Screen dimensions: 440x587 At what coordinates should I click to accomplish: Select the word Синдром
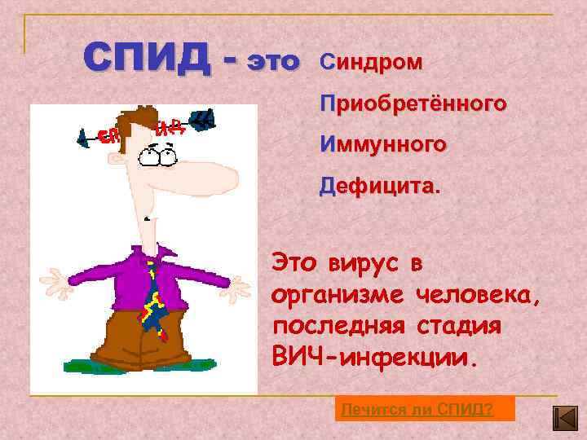tap(371, 63)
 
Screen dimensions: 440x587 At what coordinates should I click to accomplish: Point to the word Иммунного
tap(383, 145)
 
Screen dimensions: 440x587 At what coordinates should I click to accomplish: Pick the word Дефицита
tap(379, 187)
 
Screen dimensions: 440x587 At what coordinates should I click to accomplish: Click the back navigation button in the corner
tap(565, 418)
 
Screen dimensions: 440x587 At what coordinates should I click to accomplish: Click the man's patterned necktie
tap(153, 297)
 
